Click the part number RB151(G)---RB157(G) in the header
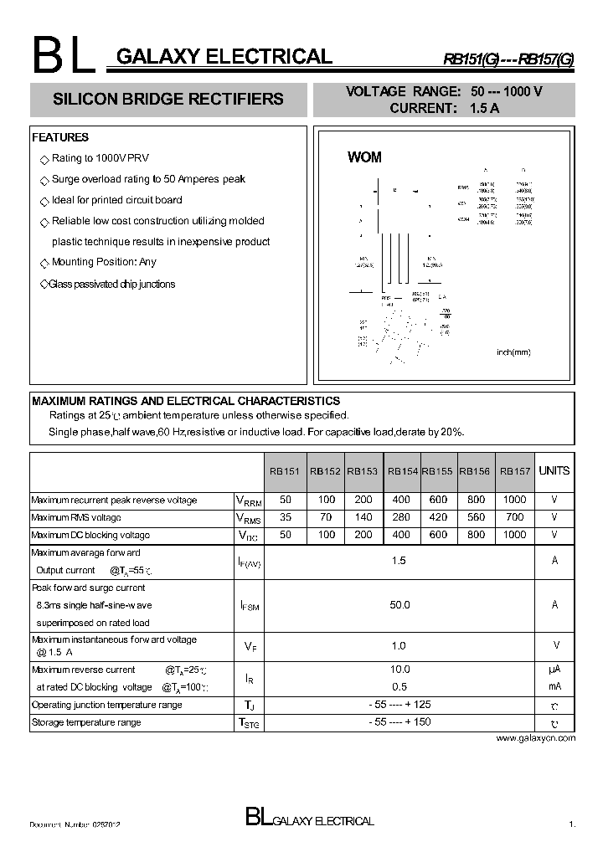[x=508, y=59]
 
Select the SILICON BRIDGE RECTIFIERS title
[x=168, y=99]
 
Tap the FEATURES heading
[x=59, y=137]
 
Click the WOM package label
[x=364, y=157]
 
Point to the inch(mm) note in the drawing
[x=513, y=352]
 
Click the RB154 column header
[x=403, y=471]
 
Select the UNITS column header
[x=554, y=470]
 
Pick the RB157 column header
[x=515, y=471]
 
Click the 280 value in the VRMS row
[x=403, y=517]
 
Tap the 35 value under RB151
[x=285, y=517]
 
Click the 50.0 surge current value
[x=399, y=604]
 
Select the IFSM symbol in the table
[x=249, y=605]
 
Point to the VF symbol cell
[x=249, y=646]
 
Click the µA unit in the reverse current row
[x=554, y=670]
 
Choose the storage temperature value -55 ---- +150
[x=399, y=721]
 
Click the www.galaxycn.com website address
[x=536, y=738]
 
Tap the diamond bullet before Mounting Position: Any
[x=44, y=263]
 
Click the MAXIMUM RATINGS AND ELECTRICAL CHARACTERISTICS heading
[x=186, y=401]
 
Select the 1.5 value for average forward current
[x=399, y=561]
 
